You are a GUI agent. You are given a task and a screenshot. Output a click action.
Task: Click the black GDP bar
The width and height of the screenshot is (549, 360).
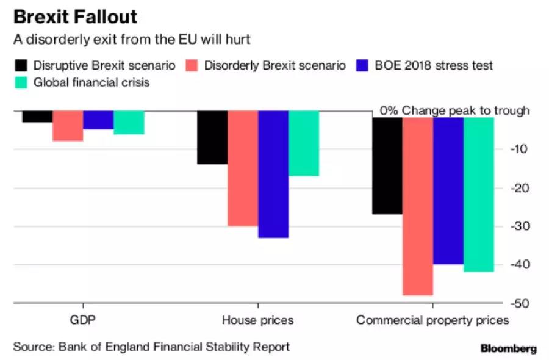(37, 117)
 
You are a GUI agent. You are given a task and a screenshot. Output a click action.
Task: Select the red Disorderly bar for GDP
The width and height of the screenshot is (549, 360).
(68, 126)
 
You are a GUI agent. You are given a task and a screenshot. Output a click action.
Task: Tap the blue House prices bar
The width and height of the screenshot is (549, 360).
(273, 174)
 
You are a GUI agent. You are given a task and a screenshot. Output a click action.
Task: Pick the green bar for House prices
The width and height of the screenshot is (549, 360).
(304, 143)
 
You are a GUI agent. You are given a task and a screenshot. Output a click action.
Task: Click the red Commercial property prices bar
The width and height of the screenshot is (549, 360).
(418, 206)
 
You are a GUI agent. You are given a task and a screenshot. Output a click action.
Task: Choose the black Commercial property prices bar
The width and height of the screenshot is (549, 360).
(388, 165)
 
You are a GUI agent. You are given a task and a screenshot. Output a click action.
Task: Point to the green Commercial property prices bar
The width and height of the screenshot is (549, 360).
(479, 194)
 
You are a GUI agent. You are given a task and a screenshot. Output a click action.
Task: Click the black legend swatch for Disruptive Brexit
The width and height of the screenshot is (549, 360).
(22, 65)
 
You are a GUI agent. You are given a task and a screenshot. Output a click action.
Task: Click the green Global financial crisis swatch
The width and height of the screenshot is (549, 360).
(22, 82)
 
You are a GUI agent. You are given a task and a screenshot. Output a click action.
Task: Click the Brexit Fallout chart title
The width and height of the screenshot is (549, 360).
(76, 16)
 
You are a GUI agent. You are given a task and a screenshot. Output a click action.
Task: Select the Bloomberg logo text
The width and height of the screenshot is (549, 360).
(509, 348)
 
